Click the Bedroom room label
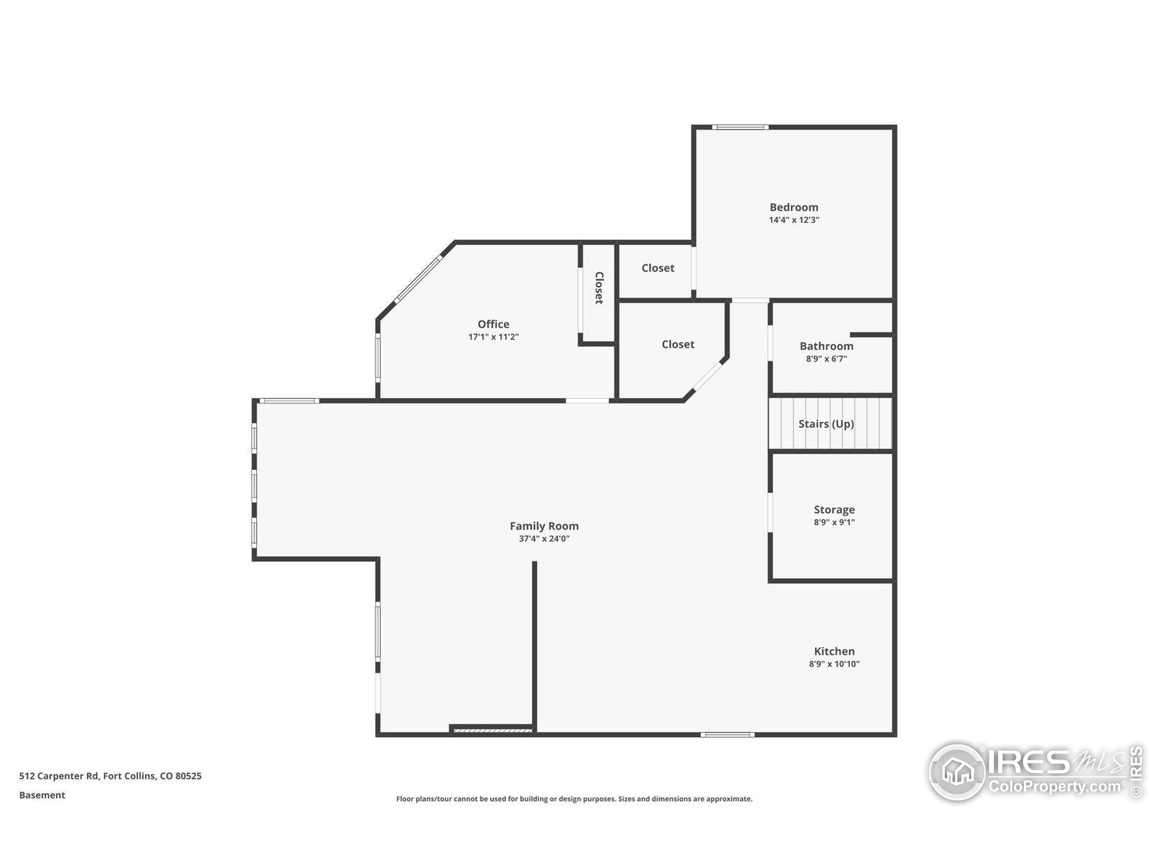pyautogui.click(x=794, y=207)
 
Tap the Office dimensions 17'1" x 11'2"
pyautogui.click(x=493, y=337)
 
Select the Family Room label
pyautogui.click(x=544, y=526)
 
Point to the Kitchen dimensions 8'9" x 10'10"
pyautogui.click(x=834, y=664)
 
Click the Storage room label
pyautogui.click(x=834, y=510)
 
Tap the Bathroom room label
pyautogui.click(x=826, y=346)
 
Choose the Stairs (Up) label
pyautogui.click(x=826, y=424)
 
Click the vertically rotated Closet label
pyautogui.click(x=599, y=288)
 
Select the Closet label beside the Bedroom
pyautogui.click(x=658, y=268)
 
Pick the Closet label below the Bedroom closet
pyautogui.click(x=678, y=344)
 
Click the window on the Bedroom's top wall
pyautogui.click(x=740, y=127)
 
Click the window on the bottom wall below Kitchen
pyautogui.click(x=727, y=734)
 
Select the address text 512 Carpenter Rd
pyautogui.click(x=59, y=776)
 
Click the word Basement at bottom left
pyautogui.click(x=42, y=796)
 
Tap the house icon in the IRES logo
pyautogui.click(x=957, y=772)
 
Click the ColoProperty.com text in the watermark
pyautogui.click(x=1054, y=786)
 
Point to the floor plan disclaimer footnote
pyautogui.click(x=574, y=799)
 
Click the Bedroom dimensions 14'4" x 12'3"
pyautogui.click(x=794, y=220)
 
